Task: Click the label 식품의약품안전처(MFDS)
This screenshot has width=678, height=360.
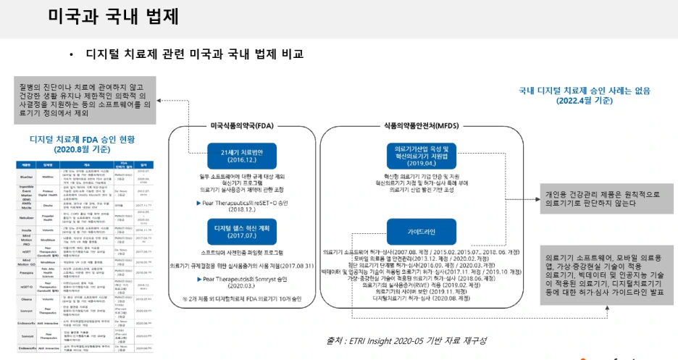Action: tap(422, 125)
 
